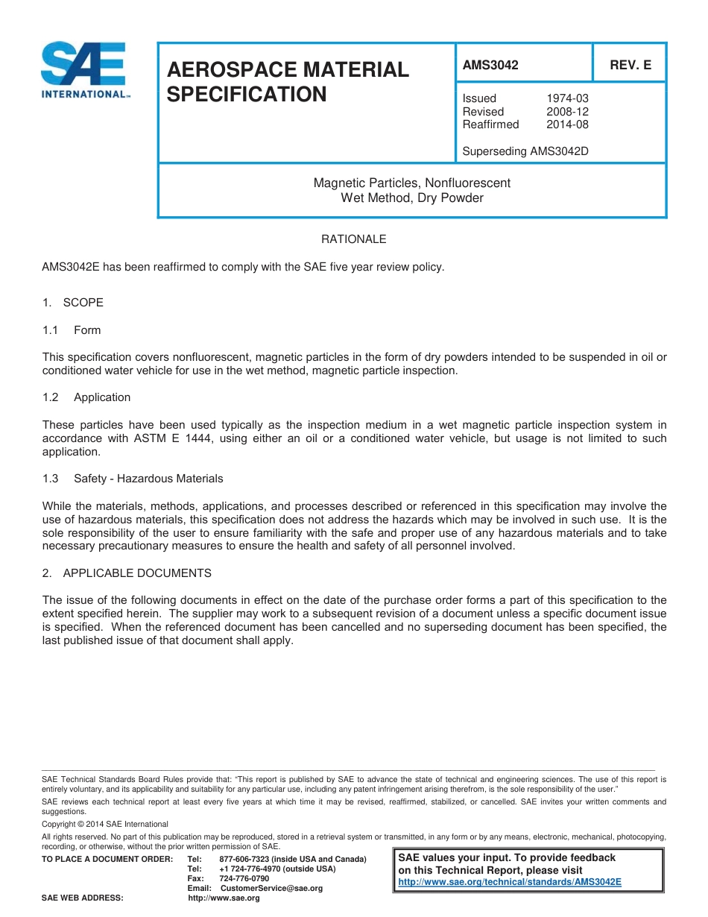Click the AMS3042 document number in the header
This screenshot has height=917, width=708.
point(490,65)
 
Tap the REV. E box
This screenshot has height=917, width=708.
point(630,65)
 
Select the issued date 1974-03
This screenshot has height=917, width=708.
point(567,98)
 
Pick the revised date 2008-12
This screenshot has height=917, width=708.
point(567,112)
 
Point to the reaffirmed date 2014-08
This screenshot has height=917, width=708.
point(567,125)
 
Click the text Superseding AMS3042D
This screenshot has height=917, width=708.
point(525,151)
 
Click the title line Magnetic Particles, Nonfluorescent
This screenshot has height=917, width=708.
point(411,183)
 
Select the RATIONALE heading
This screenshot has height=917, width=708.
point(353,239)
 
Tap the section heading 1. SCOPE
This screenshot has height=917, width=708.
point(73,303)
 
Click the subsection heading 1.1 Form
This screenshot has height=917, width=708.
point(72,330)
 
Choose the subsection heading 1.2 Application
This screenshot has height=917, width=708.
point(86,397)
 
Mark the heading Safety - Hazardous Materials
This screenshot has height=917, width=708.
point(148,479)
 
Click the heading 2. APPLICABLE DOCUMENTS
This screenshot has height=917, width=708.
point(127,573)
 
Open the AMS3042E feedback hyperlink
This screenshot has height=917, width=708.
point(510,882)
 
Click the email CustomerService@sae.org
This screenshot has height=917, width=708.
point(272,889)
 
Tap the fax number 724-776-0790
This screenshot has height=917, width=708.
point(244,879)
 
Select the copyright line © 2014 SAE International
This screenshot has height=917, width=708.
point(105,825)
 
